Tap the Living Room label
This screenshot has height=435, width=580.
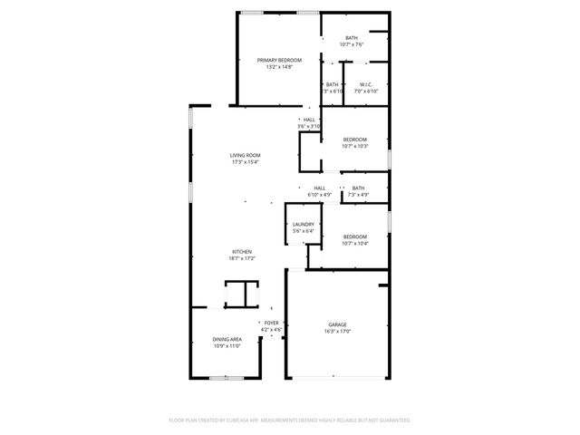(245, 156)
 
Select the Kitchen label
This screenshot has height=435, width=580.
(241, 252)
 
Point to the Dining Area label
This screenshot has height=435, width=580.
(227, 339)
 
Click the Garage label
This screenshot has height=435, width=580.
(337, 324)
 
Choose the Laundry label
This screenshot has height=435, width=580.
(303, 225)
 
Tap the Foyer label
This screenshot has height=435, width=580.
(272, 323)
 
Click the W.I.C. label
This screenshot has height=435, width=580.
(366, 84)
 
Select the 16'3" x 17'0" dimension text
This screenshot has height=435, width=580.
(337, 332)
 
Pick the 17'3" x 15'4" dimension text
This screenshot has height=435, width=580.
(245, 162)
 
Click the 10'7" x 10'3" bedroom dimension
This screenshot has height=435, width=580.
(354, 146)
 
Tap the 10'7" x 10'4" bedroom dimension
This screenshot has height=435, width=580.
(354, 243)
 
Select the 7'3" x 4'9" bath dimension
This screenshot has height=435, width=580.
(358, 194)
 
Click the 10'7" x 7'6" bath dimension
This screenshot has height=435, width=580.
(352, 43)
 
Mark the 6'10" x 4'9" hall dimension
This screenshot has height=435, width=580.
(320, 194)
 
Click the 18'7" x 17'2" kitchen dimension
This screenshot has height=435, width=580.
(241, 258)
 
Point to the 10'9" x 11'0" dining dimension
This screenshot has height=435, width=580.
(227, 345)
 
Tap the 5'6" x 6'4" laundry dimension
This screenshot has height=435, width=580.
(303, 231)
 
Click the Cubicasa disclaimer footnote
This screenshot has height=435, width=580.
(290, 420)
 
